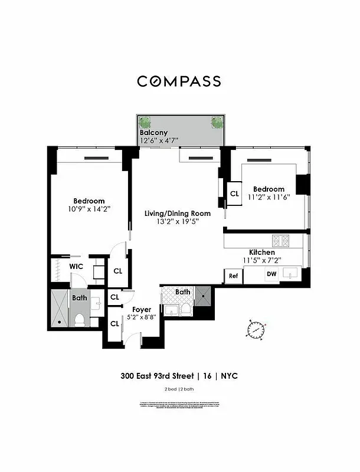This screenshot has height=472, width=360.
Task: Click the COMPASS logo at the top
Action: point(179,81)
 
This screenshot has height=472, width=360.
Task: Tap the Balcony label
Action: point(153,133)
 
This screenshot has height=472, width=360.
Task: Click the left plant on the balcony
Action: point(145,123)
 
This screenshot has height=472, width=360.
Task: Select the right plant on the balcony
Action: point(216,123)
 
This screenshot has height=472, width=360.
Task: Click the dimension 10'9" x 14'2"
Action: point(89,209)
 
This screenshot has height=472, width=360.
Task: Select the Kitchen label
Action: point(261,252)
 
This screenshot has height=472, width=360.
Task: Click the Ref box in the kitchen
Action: point(233,276)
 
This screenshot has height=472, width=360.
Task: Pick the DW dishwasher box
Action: point(271,274)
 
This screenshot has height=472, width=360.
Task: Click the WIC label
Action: point(76,266)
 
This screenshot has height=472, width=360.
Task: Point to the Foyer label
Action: point(142,309)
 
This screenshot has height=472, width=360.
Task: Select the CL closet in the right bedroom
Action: point(234,194)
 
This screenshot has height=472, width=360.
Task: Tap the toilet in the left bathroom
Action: point(80,319)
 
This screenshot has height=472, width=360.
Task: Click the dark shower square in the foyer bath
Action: point(204,294)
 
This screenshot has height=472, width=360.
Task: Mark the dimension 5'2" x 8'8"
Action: point(141,317)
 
